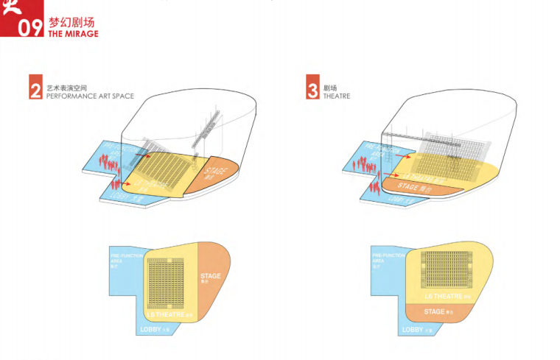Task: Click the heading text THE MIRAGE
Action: tap(73, 34)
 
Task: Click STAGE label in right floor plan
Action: tap(435, 311)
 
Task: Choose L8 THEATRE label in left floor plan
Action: tap(169, 315)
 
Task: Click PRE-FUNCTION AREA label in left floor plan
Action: tap(120, 259)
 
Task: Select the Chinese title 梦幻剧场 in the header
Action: tap(71, 22)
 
